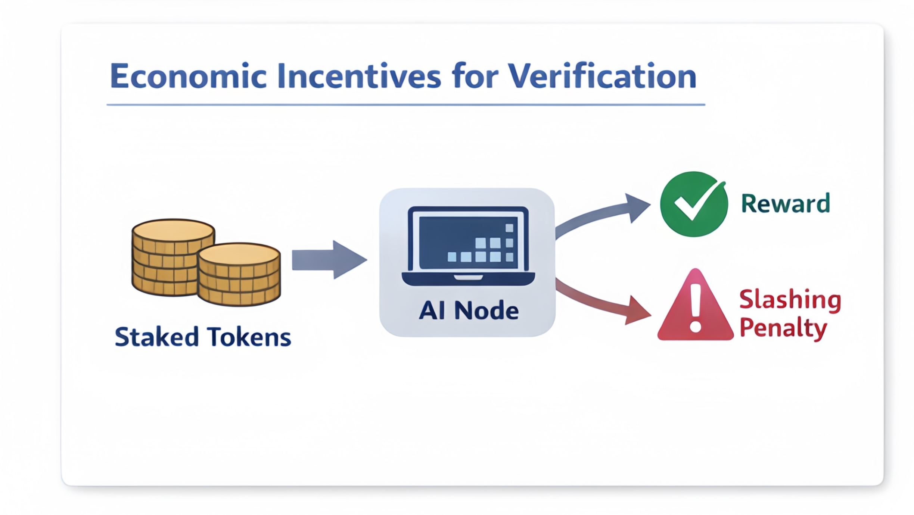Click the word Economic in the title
pyautogui.click(x=189, y=76)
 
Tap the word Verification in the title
pyautogui.click(x=601, y=76)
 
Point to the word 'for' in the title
pyautogui.click(x=475, y=76)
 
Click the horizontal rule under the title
pyautogui.click(x=405, y=105)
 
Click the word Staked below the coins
pyautogui.click(x=156, y=337)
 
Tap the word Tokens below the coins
pyautogui.click(x=249, y=337)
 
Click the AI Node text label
pyautogui.click(x=469, y=310)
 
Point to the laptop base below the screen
pyautogui.click(x=468, y=279)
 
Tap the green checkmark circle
pyautogui.click(x=694, y=204)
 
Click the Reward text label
pyautogui.click(x=785, y=204)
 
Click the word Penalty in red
pyautogui.click(x=783, y=328)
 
